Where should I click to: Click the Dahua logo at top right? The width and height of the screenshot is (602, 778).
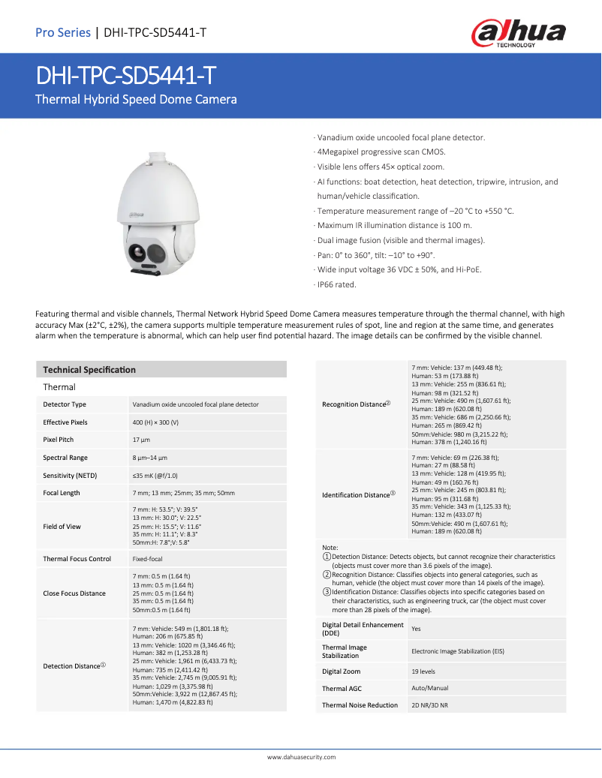518,33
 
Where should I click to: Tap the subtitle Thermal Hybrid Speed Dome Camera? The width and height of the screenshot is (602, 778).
137,99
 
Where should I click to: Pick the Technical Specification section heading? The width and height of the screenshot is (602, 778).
89,370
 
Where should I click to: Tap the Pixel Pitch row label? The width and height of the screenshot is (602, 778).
59,440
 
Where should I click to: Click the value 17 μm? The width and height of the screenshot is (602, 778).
140,440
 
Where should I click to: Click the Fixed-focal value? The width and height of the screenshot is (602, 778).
149,559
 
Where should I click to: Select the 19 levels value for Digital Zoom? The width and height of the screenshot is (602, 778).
423,671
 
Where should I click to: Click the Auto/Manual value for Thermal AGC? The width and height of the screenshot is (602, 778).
430,688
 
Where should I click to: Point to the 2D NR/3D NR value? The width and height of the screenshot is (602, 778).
429,705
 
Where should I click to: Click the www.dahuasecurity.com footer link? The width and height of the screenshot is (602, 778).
301,758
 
